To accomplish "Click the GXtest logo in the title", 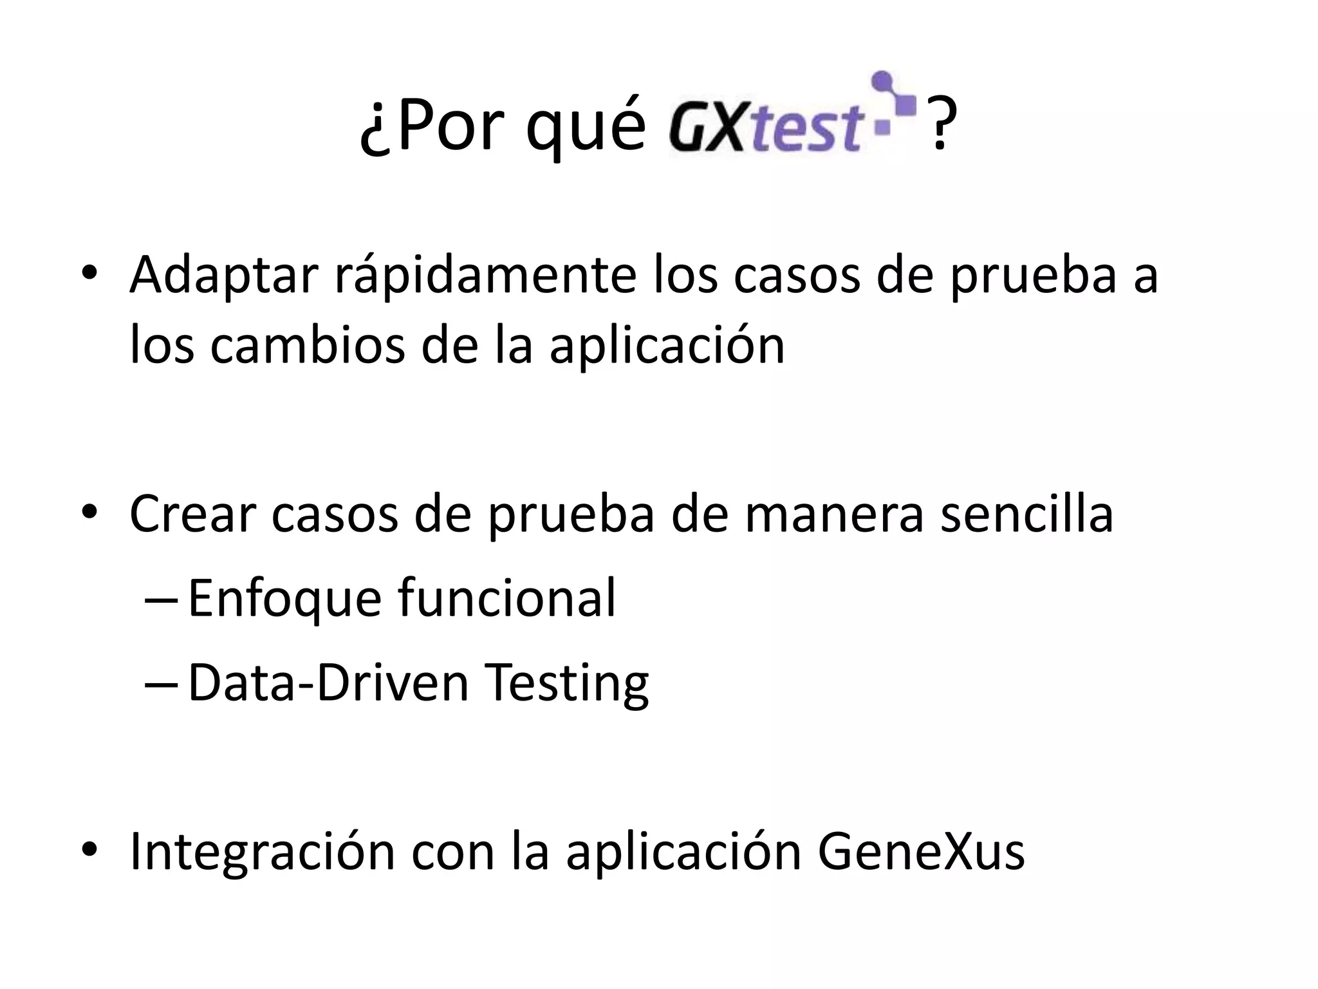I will coord(792,116).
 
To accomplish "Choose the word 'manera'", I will coord(834,515).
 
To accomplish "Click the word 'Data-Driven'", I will coord(328,683).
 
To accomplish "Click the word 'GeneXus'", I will coord(921,852).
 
